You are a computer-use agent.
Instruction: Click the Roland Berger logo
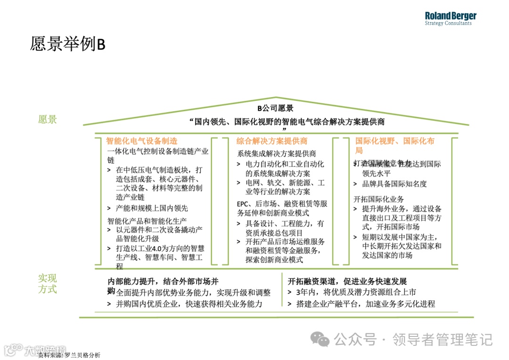(450, 18)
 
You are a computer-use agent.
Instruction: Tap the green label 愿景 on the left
(48, 119)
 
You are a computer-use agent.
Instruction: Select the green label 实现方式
(48, 284)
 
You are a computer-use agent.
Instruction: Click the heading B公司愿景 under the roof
(276, 108)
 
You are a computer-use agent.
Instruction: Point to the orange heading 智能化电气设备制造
(142, 141)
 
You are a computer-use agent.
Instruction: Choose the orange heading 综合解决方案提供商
(271, 141)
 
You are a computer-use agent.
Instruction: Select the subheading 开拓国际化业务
(378, 199)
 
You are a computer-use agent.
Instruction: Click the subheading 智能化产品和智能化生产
(147, 221)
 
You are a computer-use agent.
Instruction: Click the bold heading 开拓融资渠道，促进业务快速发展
(347, 281)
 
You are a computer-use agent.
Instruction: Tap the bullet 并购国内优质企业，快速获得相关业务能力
(189, 304)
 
